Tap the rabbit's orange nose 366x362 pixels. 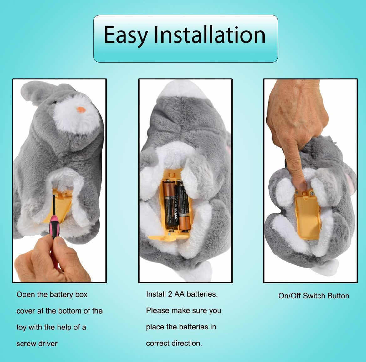coord(81,110)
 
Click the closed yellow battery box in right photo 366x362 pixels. coord(307,216)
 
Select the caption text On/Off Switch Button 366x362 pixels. coord(313,296)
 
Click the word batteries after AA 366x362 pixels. coord(202,294)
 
